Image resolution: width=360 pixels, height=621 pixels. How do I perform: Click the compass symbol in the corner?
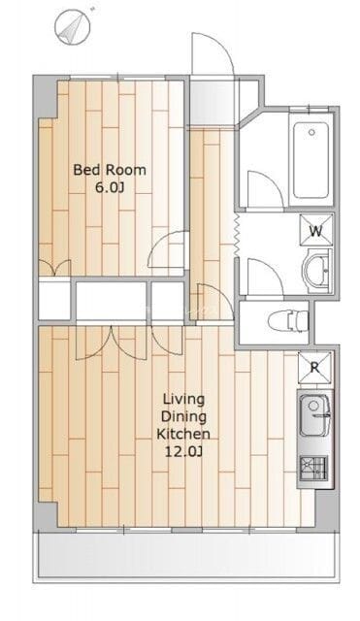73,27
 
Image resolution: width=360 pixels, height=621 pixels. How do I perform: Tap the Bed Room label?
110,170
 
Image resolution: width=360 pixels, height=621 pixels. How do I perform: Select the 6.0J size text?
110,187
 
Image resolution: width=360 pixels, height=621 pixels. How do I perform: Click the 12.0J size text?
183,451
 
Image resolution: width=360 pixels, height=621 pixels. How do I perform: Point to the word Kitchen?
183,434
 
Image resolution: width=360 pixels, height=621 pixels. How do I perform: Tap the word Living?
184,399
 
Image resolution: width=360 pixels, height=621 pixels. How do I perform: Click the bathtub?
311,160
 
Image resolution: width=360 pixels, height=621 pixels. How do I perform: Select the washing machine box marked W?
316,230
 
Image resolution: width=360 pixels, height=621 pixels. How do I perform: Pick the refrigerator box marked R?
314,368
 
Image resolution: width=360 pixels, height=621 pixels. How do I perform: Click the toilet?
288,320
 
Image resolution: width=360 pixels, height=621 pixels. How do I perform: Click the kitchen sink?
314,414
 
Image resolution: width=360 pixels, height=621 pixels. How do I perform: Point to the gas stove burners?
313,468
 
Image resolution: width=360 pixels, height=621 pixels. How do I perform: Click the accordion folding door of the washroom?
238,235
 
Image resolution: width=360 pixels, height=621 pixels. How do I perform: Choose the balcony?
186,556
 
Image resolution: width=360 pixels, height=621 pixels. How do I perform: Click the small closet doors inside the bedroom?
54,268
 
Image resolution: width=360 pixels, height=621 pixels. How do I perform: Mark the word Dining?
184,416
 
